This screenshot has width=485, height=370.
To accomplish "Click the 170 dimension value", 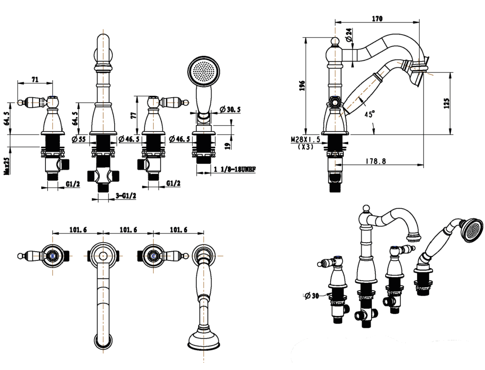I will point(377,19).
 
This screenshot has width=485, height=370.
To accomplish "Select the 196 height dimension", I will point(302,85).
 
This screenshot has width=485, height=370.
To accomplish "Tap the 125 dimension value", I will point(446,103).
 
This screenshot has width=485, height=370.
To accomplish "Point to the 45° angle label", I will point(369,114).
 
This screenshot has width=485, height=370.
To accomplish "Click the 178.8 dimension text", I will point(376,161).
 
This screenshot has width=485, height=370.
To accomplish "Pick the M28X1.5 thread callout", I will point(305,140).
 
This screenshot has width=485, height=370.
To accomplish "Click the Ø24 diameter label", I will point(349,35).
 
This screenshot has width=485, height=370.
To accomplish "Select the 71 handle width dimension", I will point(35,79).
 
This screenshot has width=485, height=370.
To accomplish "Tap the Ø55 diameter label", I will point(79,139).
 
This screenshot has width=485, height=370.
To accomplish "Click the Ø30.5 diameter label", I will point(230,109).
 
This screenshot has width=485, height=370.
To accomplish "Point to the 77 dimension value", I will point(133,115).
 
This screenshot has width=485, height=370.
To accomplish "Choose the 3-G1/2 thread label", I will point(126,196).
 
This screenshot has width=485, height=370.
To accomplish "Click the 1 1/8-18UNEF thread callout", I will point(234,169).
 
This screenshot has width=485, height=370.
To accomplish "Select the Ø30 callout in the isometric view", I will point(312,296).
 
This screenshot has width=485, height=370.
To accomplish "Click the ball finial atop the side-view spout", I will point(335,42).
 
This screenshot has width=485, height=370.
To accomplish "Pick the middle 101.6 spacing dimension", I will point(128,230).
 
